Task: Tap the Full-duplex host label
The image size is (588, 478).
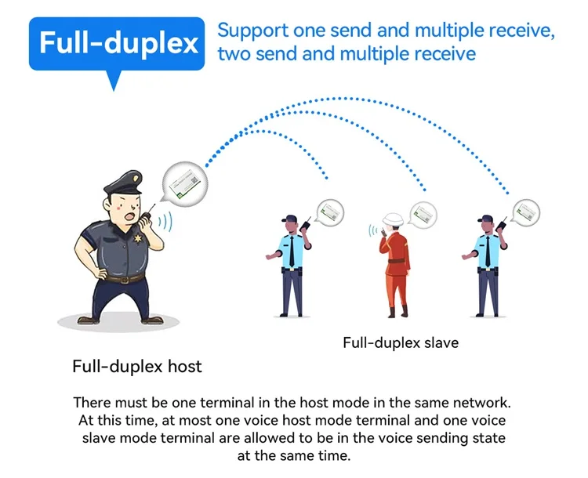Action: [137, 366]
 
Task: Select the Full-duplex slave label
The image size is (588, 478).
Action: [401, 342]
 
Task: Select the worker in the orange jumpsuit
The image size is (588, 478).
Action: [394, 266]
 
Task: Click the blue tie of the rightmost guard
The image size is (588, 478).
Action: [487, 251]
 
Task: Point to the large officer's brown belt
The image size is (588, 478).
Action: [125, 277]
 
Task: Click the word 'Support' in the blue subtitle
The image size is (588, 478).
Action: [248, 31]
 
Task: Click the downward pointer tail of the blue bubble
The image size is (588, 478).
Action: [115, 81]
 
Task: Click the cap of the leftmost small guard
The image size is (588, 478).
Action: [291, 219]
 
